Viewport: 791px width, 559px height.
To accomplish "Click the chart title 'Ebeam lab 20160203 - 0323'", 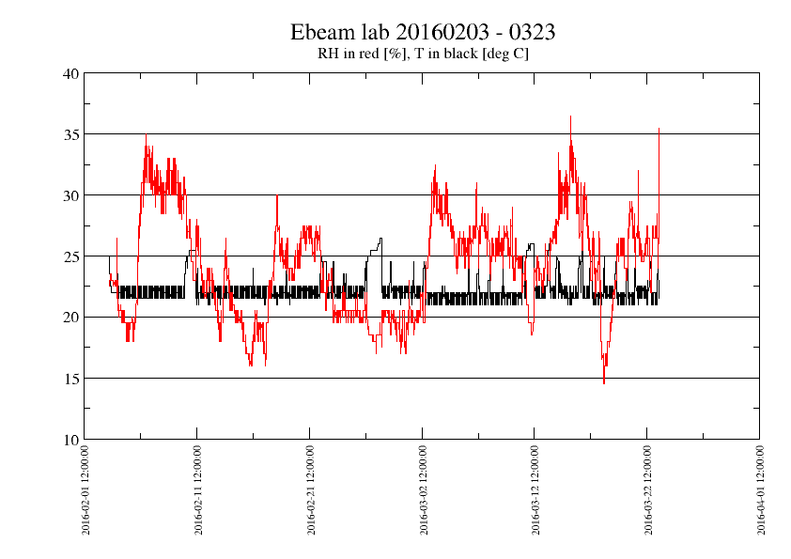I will [422, 32].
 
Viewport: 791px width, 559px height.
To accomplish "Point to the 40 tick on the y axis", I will [70, 73].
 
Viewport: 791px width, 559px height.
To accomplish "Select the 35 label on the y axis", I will [70, 134].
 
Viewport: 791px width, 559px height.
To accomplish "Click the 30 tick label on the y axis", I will [70, 195].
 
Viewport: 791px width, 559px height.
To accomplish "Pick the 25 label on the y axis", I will [70, 256].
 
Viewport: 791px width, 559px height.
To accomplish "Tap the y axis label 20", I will [70, 318].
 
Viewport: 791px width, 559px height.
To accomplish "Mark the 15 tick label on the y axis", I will [70, 379].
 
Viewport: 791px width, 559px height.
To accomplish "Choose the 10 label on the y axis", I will [70, 440].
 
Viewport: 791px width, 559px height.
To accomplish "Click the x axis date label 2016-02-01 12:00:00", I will [85, 490].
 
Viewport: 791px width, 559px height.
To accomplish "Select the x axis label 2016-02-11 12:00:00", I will [198, 490].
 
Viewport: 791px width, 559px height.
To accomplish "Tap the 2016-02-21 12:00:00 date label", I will [310, 490].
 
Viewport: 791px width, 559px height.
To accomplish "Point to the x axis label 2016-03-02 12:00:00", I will [423, 490].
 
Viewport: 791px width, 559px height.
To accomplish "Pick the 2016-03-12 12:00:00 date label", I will [535, 490].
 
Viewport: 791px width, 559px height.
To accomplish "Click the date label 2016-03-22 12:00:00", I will [647, 490].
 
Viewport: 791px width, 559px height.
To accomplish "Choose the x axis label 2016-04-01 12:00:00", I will [760, 490].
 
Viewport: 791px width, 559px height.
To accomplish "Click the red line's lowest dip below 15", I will [604, 382].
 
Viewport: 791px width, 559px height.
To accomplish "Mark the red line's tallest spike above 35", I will [570, 117].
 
